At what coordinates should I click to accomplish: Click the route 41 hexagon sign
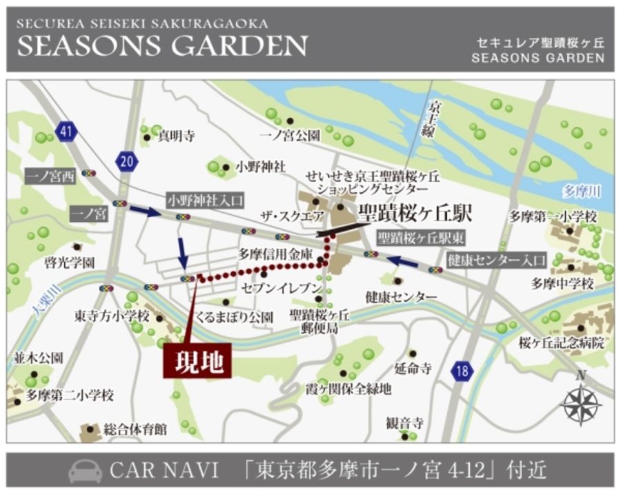point(67,132)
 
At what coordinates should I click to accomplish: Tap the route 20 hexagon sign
point(127,161)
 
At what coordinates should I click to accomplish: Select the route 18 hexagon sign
point(463,371)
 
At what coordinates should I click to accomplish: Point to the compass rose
point(581,403)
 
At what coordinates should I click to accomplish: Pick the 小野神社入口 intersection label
point(205,200)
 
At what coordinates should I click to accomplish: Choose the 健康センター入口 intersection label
point(496,260)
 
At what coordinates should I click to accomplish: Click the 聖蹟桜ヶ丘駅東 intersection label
point(421,238)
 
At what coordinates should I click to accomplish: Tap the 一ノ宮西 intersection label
point(50,176)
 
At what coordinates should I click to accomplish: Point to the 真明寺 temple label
point(177,136)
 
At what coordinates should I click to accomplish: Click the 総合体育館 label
point(135,429)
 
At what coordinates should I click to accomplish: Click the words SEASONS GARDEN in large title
point(162,45)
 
